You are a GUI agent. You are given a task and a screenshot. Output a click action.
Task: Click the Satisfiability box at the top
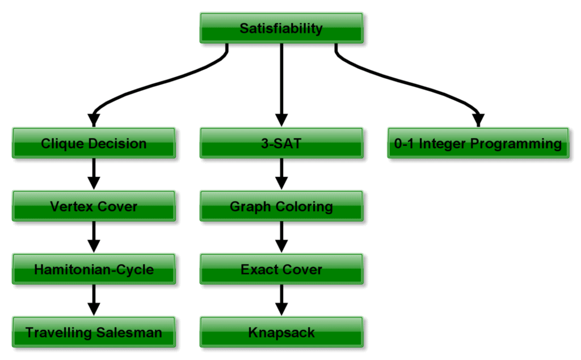(x=281, y=28)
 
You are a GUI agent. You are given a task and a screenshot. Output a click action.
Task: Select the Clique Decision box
(x=94, y=143)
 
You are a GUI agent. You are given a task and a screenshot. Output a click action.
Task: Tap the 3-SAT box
(x=281, y=143)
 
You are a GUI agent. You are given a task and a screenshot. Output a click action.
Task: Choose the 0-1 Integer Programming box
(x=478, y=143)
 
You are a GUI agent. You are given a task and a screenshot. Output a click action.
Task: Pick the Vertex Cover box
(x=94, y=206)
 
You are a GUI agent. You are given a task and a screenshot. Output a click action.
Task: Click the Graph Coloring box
(x=281, y=206)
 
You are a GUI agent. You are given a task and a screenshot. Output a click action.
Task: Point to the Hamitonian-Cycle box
(x=94, y=269)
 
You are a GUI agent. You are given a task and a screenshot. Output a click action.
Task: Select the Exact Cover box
(x=281, y=269)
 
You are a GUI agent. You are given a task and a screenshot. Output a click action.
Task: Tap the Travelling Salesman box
(x=94, y=332)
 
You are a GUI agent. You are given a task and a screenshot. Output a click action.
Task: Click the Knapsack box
(x=281, y=332)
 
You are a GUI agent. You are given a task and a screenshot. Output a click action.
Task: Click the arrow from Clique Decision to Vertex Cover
(x=94, y=173)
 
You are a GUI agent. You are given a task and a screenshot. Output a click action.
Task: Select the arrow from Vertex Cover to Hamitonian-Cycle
(x=94, y=236)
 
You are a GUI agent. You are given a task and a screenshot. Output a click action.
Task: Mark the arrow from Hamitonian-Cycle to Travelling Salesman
(x=94, y=299)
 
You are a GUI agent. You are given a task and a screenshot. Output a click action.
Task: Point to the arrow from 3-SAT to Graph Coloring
(x=281, y=173)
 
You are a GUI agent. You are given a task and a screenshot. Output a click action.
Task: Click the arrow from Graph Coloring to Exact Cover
(x=281, y=236)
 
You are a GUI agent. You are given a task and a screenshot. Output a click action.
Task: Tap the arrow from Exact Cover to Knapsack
(x=281, y=299)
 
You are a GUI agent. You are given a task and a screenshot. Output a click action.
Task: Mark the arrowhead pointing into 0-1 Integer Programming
(x=478, y=120)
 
